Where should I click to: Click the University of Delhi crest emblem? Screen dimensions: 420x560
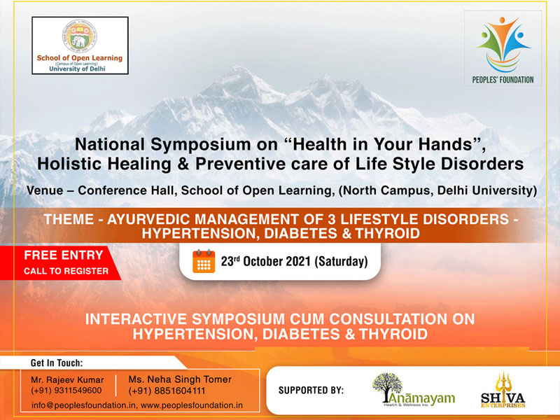80,36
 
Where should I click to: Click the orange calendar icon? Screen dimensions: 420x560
204,261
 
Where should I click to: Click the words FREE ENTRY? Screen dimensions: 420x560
64,255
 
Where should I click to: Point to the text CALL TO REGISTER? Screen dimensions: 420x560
66,271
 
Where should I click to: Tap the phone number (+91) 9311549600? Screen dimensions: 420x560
66,391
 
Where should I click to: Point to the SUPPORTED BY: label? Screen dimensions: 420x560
311,389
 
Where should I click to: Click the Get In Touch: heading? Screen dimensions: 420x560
57,363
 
